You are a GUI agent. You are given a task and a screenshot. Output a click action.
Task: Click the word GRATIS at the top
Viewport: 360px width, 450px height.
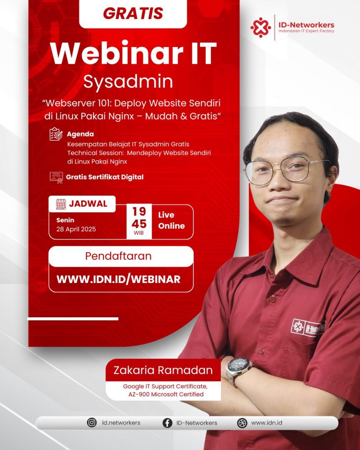click(133, 14)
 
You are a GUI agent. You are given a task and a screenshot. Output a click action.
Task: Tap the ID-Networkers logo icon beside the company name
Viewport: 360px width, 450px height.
click(261, 28)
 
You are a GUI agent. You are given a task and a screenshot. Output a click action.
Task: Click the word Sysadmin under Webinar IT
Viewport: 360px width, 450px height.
click(128, 81)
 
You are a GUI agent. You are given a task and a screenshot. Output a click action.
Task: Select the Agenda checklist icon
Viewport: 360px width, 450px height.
click(56, 134)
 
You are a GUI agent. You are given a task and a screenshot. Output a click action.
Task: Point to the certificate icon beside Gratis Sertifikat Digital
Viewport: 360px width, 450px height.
click(56, 178)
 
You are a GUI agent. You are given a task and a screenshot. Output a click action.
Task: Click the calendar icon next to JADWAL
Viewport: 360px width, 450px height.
click(61, 204)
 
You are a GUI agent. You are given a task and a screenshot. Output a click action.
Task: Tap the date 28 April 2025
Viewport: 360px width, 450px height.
click(76, 229)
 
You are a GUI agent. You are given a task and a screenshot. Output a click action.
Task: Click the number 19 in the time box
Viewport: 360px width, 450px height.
click(139, 211)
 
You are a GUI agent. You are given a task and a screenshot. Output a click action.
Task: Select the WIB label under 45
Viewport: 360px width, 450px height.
click(139, 233)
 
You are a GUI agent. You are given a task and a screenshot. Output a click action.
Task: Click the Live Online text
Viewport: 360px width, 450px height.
click(171, 221)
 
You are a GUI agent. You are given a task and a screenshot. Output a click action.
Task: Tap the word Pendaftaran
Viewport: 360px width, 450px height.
click(118, 256)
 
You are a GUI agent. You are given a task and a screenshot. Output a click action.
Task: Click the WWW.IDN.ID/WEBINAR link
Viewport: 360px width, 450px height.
click(119, 279)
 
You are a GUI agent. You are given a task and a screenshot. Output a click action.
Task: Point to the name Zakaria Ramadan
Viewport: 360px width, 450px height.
click(163, 370)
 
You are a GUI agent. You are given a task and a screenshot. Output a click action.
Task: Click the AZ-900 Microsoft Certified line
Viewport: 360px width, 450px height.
click(166, 394)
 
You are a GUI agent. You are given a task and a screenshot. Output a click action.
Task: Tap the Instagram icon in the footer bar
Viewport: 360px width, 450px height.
click(92, 422)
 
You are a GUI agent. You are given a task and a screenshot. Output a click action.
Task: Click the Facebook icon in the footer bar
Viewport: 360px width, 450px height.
click(167, 423)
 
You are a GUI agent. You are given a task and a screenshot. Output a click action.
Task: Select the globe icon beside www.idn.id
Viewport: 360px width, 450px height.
click(242, 423)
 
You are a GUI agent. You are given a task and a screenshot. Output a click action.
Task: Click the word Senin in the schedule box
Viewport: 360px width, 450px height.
click(65, 220)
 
